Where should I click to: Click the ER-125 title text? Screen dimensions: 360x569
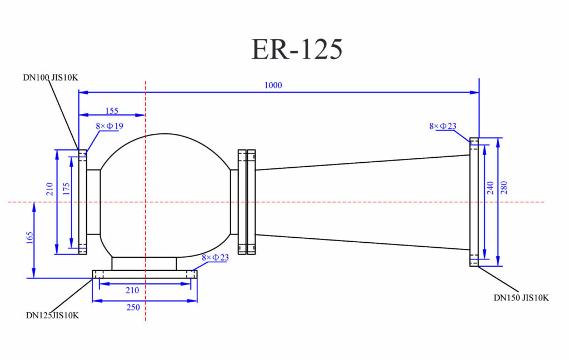point(297,49)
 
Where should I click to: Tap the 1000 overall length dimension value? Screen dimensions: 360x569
point(273,85)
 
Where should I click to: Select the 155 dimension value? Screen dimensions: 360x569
point(110,111)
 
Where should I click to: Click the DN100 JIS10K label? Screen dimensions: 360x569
point(51,77)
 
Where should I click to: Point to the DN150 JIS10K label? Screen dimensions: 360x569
point(521,298)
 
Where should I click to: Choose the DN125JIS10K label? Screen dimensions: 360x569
point(52,315)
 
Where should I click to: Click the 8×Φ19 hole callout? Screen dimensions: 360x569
point(109,126)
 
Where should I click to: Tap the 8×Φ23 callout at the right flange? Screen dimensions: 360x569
point(442,126)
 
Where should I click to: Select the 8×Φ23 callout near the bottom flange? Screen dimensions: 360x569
point(215,257)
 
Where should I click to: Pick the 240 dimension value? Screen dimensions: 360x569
point(490,189)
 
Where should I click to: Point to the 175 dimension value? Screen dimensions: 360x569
point(67,189)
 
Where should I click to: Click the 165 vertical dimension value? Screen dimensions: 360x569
point(30,238)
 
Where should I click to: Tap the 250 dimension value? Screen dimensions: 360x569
point(132,307)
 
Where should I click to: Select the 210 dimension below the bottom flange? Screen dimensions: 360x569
point(132,289)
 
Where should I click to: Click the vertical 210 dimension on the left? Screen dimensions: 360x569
point(51,189)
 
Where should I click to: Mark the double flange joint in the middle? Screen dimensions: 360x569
point(247,202)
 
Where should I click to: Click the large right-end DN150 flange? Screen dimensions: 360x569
point(474,202)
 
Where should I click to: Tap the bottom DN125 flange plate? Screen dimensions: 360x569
point(144,274)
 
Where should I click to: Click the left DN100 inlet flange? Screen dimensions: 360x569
point(82,202)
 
